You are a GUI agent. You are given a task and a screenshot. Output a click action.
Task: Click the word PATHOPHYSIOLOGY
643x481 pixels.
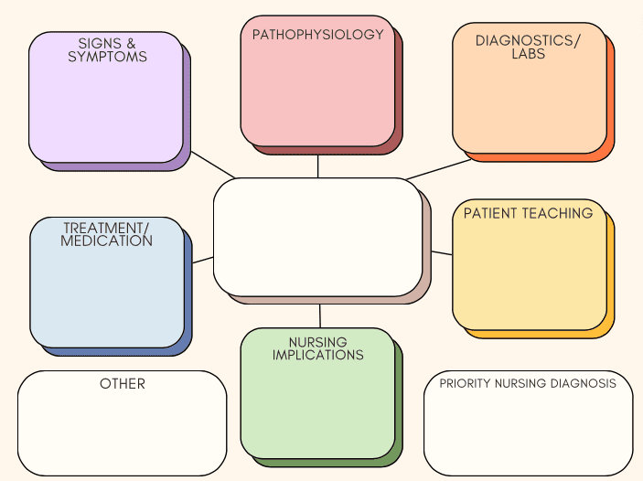point(317,35)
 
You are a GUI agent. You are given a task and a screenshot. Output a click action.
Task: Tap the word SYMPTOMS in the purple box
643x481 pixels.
point(107,57)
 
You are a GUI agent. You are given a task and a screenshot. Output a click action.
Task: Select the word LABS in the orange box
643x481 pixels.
point(528,54)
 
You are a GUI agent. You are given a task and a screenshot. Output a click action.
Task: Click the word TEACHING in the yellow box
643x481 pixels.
point(558,213)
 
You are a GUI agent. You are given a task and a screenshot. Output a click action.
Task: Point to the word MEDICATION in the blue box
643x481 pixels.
point(107,240)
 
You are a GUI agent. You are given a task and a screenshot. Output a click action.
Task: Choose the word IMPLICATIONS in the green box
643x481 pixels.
point(317,355)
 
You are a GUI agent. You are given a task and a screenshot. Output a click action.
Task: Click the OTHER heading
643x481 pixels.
point(123,384)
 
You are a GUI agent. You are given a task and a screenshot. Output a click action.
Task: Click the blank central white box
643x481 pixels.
point(317,237)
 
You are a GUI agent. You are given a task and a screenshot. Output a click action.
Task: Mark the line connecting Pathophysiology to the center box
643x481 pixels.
point(317,166)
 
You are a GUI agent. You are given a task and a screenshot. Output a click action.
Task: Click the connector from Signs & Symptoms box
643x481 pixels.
point(213,165)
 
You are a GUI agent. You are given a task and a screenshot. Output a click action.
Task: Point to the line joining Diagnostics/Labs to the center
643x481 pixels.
point(439,169)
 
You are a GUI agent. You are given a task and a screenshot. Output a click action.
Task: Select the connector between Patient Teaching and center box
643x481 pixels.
point(442,253)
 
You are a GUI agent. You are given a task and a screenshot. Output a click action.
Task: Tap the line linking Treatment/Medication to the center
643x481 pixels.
point(202,260)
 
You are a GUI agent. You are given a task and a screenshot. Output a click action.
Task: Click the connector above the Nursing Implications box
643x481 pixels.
point(320,316)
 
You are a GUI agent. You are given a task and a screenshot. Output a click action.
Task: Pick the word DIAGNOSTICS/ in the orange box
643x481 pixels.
point(528,40)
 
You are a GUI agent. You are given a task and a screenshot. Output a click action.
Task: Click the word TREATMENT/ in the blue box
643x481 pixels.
point(106,228)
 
